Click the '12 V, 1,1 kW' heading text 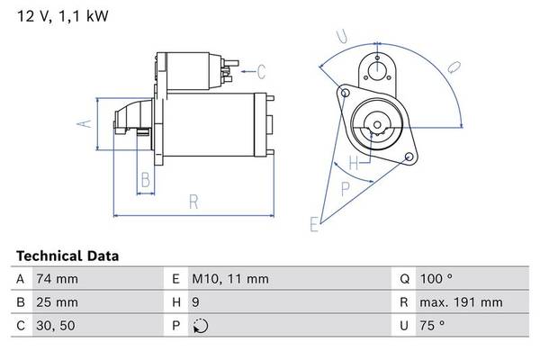55,16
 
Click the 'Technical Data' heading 67,256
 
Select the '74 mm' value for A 55,279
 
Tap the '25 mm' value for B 56,302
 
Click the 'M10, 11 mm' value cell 230,279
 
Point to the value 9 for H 196,302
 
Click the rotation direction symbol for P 200,326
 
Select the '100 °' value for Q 436,279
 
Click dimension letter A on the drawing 85,124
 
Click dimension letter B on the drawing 144,181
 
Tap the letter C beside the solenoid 261,71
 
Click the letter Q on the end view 454,66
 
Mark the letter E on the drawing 314,224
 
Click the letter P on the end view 346,187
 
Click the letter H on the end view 354,164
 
